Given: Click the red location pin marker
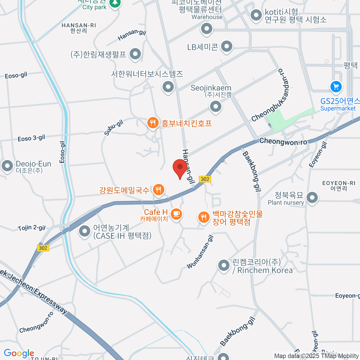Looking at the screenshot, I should point(180,168).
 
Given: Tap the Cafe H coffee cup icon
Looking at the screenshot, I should point(176,214).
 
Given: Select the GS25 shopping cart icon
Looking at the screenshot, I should point(336,87).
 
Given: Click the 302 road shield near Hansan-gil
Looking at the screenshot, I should point(205,179).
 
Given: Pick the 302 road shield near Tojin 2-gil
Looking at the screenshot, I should point(43,248).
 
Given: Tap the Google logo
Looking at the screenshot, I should point(19,353).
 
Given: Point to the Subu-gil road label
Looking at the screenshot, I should point(114,128).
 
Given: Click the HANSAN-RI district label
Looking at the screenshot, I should point(79,28).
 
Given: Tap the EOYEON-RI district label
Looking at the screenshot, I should point(339,186).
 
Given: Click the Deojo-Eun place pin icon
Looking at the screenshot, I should point(7,166).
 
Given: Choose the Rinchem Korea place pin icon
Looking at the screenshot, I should point(223,265).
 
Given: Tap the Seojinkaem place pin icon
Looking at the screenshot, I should point(215,106).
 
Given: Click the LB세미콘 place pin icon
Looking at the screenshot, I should point(226,46).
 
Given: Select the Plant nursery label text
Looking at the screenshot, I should point(286,203).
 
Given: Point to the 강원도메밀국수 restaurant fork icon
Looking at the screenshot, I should point(158,190).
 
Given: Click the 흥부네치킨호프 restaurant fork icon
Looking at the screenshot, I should point(153,123).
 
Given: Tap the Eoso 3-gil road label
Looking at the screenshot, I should point(31,138).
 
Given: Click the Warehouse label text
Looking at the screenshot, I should point(207,17).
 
